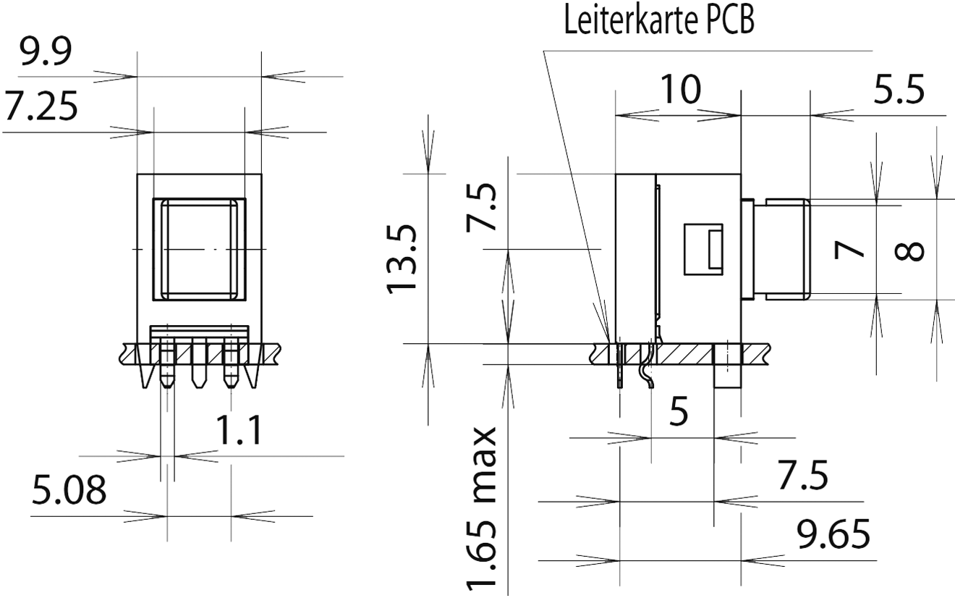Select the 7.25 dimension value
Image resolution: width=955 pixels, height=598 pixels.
tap(41, 108)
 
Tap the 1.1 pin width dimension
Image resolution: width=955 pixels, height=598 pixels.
tap(239, 431)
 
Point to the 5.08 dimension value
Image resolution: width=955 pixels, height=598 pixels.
tap(69, 492)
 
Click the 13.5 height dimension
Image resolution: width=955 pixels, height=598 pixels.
tap(402, 258)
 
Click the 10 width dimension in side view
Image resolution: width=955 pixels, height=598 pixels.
tap(680, 90)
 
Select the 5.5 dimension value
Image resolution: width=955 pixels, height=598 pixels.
tap(899, 91)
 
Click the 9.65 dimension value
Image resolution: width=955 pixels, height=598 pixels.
tap(833, 536)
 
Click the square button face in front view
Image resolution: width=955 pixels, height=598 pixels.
tap(198, 249)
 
